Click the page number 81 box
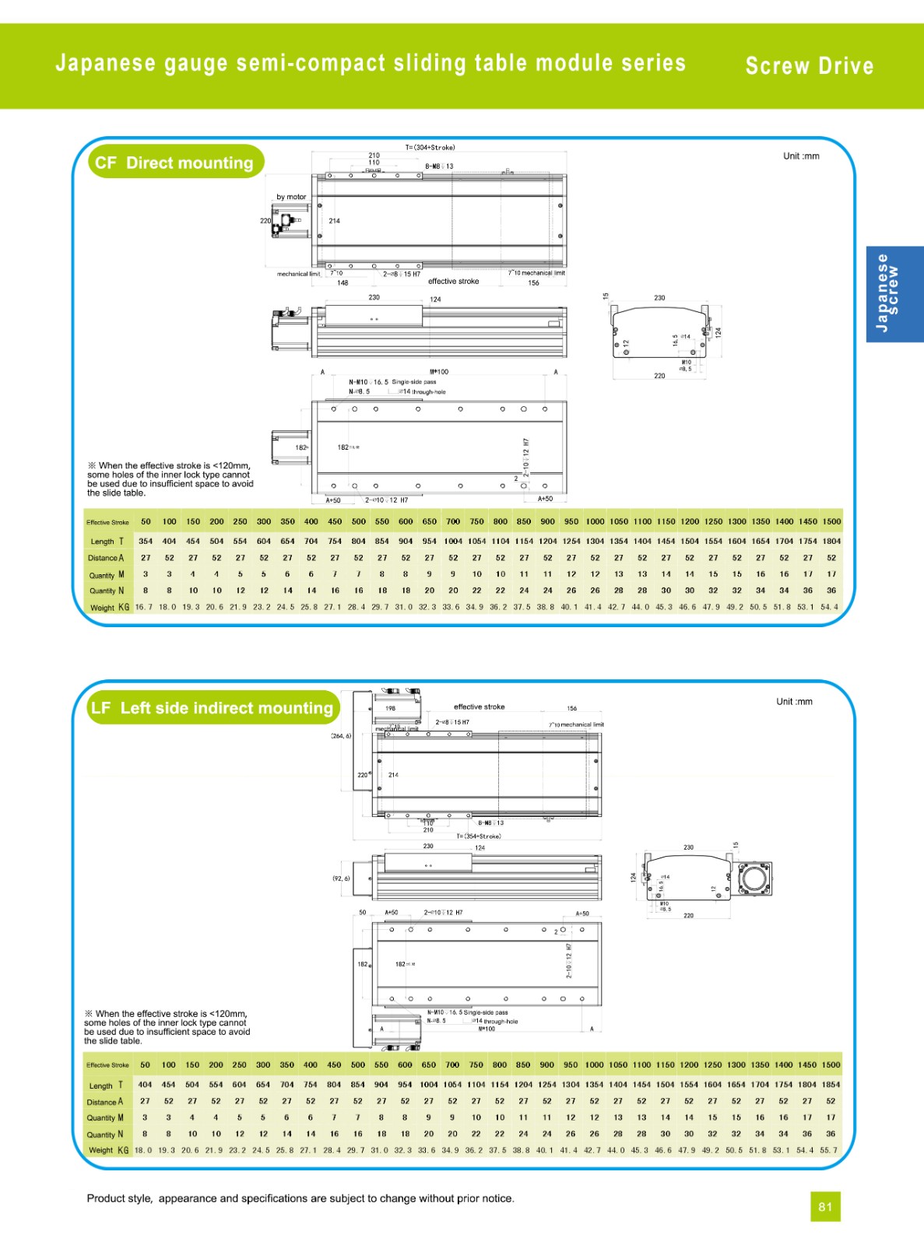tap(825, 1207)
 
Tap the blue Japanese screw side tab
tap(894, 293)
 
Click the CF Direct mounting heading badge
tap(175, 163)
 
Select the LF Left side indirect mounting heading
tap(213, 708)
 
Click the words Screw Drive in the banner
tap(809, 66)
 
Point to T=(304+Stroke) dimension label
tap(430, 147)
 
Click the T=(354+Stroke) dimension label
tap(478, 836)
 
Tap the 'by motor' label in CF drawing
tap(291, 197)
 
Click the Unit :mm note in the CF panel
tap(800, 156)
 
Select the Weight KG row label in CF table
tap(109, 608)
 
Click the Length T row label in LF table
tap(106, 1085)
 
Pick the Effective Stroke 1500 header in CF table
tap(831, 522)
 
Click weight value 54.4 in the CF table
tap(829, 607)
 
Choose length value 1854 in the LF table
tap(831, 1085)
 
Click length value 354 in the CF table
tap(146, 542)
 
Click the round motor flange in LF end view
tap(754, 879)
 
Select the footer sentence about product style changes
tap(300, 1198)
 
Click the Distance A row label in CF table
tap(106, 558)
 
